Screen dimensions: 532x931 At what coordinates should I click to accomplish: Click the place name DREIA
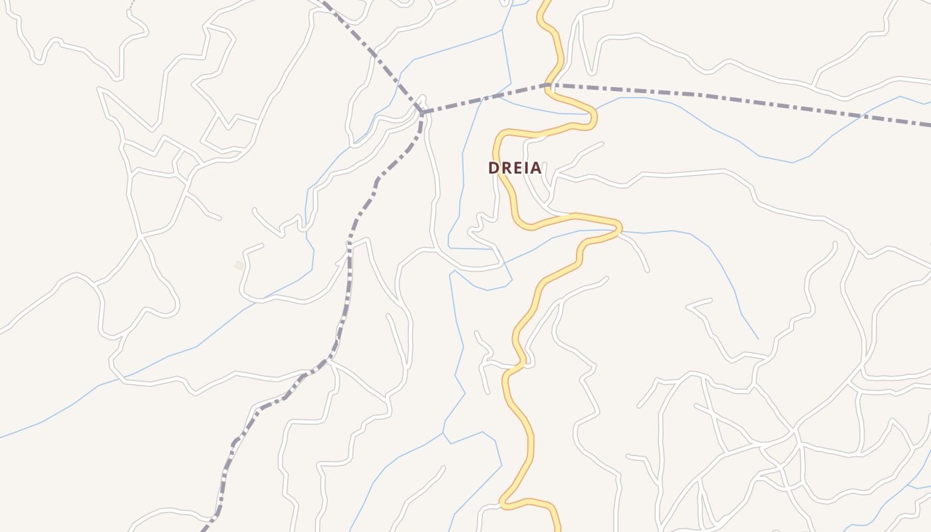(515, 168)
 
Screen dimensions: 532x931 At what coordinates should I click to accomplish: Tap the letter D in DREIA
(493, 168)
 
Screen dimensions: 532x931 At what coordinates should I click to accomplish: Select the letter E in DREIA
(516, 168)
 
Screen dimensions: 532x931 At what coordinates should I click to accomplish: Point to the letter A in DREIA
(536, 168)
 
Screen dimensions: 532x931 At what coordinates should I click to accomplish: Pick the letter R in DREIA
(505, 168)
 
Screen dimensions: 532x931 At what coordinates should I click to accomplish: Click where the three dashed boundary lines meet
(422, 112)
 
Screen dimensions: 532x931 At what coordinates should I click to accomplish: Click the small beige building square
(239, 265)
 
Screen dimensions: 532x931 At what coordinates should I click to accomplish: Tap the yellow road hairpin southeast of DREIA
(618, 227)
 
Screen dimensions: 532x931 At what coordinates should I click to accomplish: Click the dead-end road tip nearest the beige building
(262, 245)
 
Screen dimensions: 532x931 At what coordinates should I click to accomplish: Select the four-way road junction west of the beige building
(140, 235)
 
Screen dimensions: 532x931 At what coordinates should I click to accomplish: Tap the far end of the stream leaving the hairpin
(757, 338)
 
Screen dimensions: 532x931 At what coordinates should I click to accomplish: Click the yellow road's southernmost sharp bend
(503, 504)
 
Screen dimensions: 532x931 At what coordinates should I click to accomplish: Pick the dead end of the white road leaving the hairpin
(648, 271)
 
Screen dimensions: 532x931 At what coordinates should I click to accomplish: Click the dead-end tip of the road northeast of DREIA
(602, 143)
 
